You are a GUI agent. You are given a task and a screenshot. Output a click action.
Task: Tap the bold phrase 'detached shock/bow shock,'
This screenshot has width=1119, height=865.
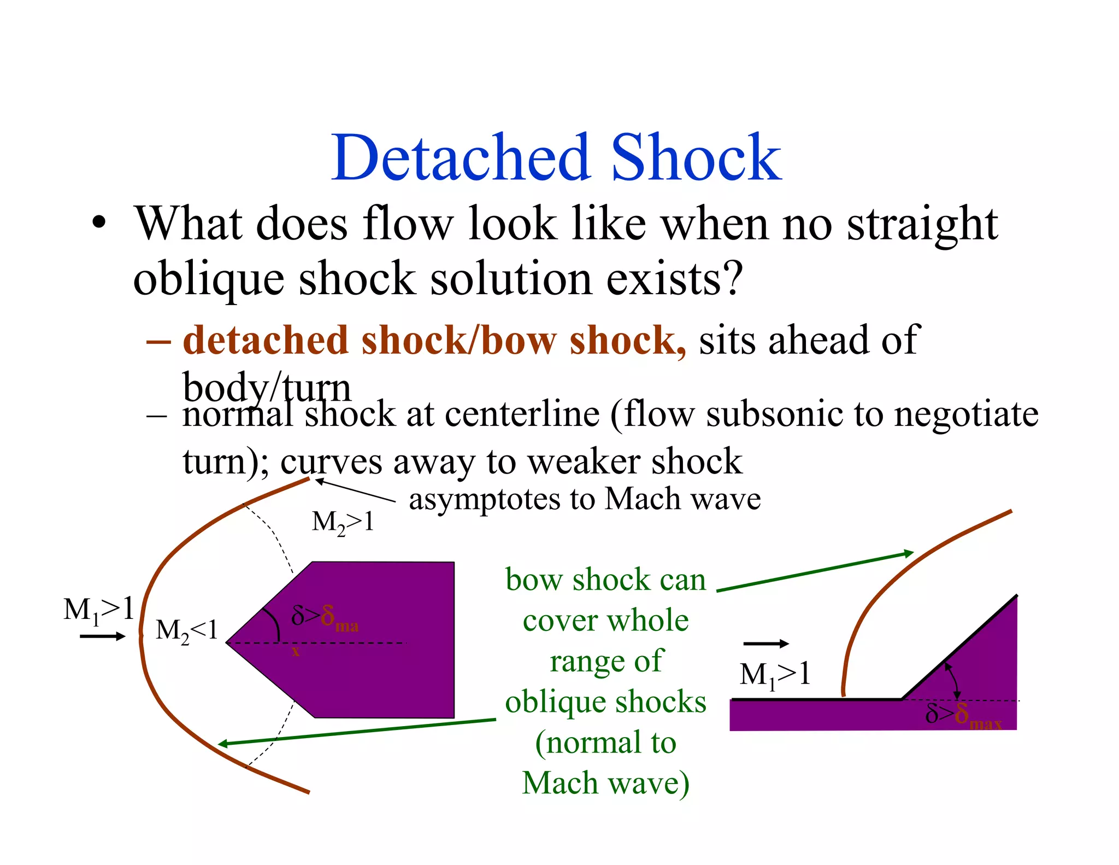434,341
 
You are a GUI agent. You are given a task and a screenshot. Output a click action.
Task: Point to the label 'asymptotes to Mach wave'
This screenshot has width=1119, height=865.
585,499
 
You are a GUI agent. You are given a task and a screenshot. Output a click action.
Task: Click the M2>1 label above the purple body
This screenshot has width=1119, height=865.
343,522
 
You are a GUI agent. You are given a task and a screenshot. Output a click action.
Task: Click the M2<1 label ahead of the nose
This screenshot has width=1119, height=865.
186,630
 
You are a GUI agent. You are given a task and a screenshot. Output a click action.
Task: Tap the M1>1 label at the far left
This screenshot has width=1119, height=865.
98,610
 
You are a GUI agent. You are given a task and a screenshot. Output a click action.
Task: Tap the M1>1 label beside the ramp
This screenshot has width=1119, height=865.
774,675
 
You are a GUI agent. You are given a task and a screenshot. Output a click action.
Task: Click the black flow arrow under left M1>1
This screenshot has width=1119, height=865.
102,636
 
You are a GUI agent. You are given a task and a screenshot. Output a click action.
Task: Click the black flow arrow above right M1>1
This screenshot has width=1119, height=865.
766,644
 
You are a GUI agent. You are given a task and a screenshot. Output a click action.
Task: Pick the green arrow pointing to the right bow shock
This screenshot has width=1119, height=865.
814,572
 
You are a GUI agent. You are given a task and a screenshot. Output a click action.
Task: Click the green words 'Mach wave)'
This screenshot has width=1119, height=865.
605,783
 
